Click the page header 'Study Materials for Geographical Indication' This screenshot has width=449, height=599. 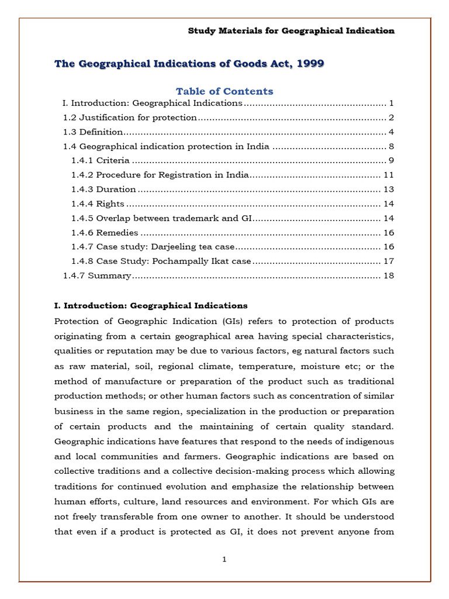pyautogui.click(x=291, y=30)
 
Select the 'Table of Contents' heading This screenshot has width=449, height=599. pyautogui.click(x=224, y=91)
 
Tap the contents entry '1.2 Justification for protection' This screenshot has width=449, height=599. pyautogui.click(x=130, y=118)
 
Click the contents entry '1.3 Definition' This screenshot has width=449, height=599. pyautogui.click(x=93, y=132)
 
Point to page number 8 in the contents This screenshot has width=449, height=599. pyautogui.click(x=391, y=146)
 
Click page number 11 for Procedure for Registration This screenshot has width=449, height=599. pyautogui.click(x=389, y=175)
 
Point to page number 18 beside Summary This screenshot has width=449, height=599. pyautogui.click(x=389, y=276)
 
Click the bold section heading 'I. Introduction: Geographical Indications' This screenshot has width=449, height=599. pyautogui.click(x=151, y=305)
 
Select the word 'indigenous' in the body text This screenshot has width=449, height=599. pyautogui.click(x=371, y=440)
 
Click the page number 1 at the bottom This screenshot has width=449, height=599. pyautogui.click(x=224, y=559)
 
